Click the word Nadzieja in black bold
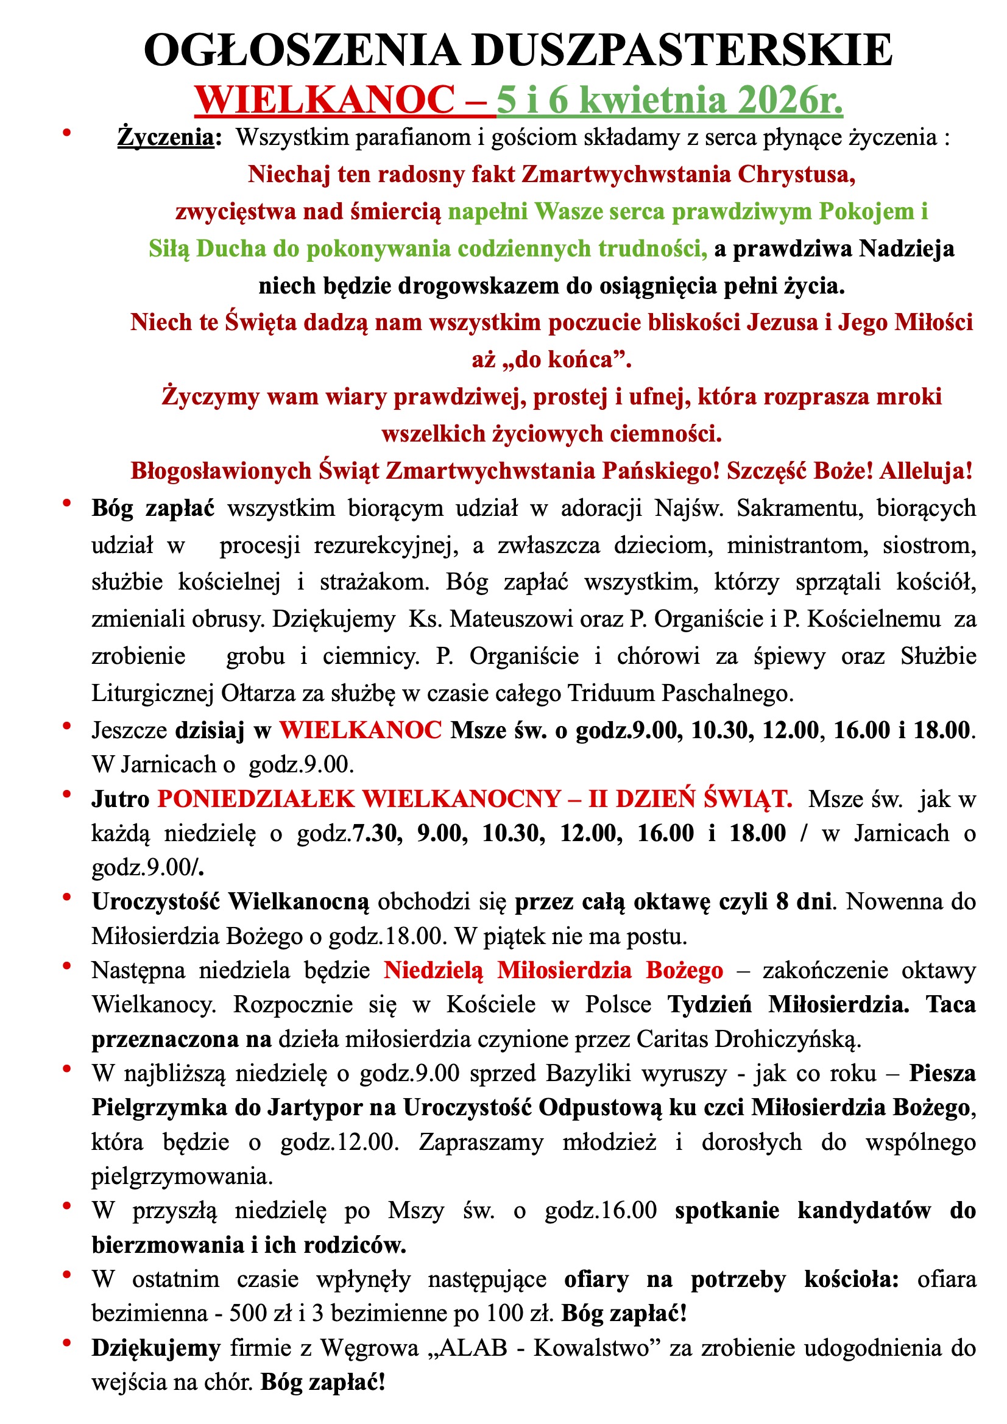pyautogui.click(x=906, y=248)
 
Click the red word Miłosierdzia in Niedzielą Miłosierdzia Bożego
pyautogui.click(x=564, y=970)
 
